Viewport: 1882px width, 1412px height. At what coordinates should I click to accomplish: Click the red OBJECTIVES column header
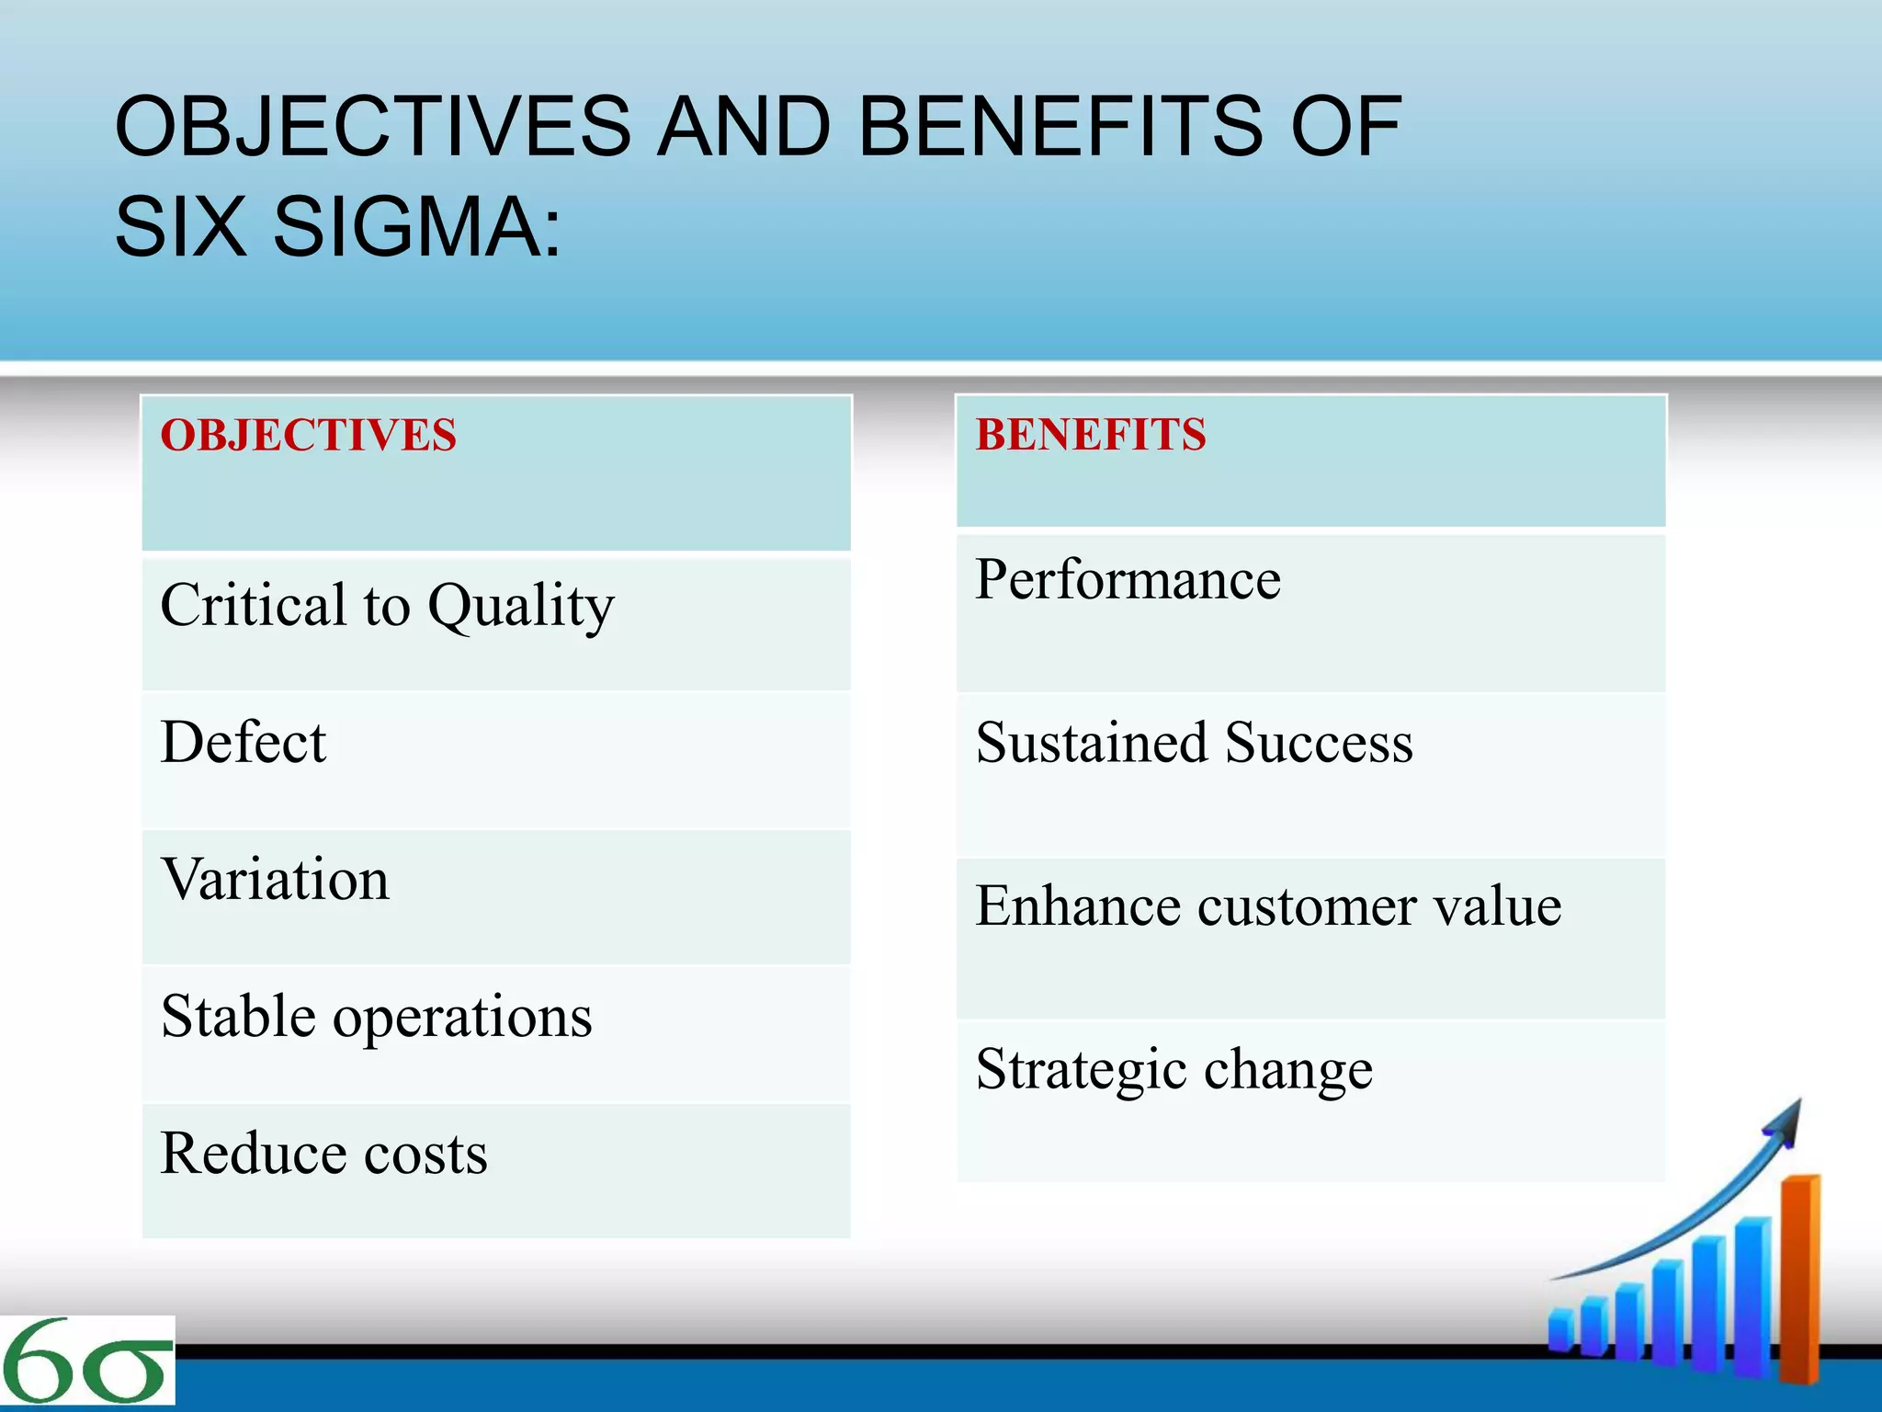point(308,435)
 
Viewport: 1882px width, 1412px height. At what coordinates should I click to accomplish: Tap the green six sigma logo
point(86,1361)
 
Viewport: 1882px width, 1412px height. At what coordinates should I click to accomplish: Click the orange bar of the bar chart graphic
point(1799,1278)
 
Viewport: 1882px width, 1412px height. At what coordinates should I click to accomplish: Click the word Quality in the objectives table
point(521,607)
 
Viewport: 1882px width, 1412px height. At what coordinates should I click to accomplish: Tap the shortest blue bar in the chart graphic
point(1559,1331)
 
